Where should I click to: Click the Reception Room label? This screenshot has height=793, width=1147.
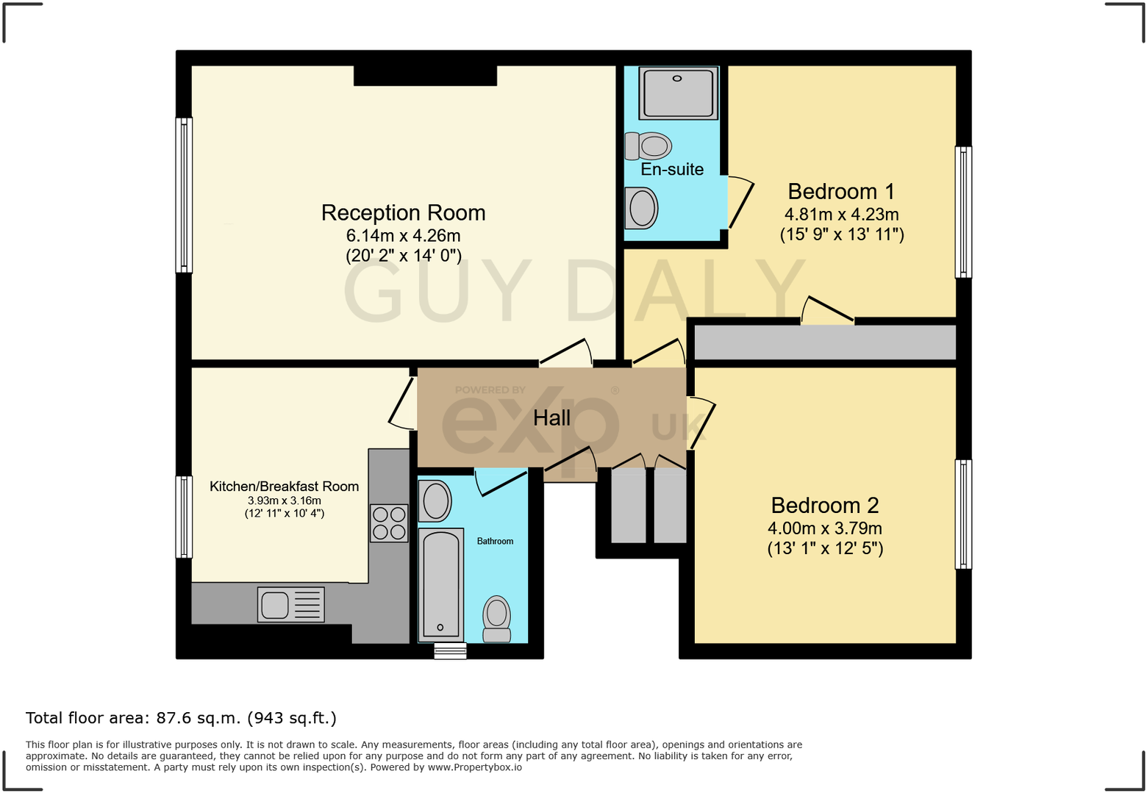pos(403,213)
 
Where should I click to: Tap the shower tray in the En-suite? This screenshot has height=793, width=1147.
pos(677,93)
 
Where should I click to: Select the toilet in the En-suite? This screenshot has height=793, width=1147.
pos(648,146)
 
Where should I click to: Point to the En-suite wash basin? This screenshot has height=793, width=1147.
pos(641,208)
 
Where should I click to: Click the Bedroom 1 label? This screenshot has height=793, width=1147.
pos(841,192)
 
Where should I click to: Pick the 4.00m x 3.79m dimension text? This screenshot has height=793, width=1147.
pos(824,528)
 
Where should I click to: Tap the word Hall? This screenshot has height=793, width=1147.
pos(551,418)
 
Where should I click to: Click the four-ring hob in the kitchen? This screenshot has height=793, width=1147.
pos(389,523)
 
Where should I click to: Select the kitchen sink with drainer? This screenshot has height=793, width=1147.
pos(291,605)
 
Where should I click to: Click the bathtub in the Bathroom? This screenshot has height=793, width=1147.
pos(440,584)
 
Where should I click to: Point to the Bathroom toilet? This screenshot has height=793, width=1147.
pos(497,618)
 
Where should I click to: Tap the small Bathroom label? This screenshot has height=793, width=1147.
pos(495,541)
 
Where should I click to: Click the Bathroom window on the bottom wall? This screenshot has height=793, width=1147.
pos(450,651)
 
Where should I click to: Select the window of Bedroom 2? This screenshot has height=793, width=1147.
pos(962,514)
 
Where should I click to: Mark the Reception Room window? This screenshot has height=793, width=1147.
pos(184,195)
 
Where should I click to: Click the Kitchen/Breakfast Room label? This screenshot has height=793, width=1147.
pos(284,487)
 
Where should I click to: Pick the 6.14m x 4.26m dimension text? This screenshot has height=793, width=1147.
pos(403,236)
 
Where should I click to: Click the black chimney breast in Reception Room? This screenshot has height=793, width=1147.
pos(425,76)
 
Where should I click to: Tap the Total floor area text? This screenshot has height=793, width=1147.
pos(181,718)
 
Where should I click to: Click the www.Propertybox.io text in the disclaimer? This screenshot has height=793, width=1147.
pos(474,767)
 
